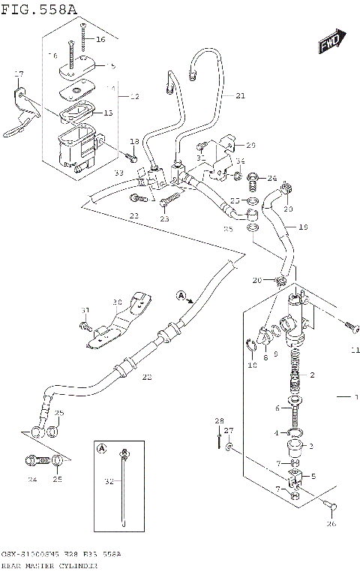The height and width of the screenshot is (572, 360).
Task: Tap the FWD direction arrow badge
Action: click(x=331, y=43)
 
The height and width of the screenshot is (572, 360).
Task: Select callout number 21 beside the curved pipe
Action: click(x=240, y=95)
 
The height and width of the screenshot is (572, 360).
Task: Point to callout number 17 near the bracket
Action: click(x=19, y=74)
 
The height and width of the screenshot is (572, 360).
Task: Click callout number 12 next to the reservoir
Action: click(x=134, y=97)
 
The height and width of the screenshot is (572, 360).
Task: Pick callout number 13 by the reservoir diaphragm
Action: click(x=108, y=113)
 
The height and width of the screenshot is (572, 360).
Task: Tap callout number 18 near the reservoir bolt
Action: click(x=134, y=142)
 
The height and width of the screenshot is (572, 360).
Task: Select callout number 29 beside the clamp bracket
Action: click(x=250, y=145)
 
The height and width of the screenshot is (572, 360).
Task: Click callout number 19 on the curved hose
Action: click(x=304, y=226)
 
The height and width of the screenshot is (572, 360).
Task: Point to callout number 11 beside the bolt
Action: click(x=355, y=350)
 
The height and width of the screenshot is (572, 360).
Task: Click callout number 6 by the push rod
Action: click(x=277, y=408)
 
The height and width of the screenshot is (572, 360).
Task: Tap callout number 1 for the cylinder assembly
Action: click(x=357, y=396)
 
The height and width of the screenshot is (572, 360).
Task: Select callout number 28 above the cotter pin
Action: click(x=219, y=420)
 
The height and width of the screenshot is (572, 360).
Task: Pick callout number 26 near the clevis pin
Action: click(x=331, y=524)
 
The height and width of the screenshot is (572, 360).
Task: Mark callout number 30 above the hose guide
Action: click(x=117, y=303)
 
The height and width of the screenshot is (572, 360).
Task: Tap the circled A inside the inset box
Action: click(x=101, y=450)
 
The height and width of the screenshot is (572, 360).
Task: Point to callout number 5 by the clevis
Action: click(x=313, y=476)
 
